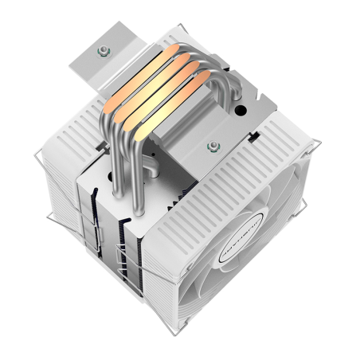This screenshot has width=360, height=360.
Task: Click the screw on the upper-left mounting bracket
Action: (x=103, y=52)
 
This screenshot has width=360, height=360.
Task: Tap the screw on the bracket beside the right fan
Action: (x=213, y=146)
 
